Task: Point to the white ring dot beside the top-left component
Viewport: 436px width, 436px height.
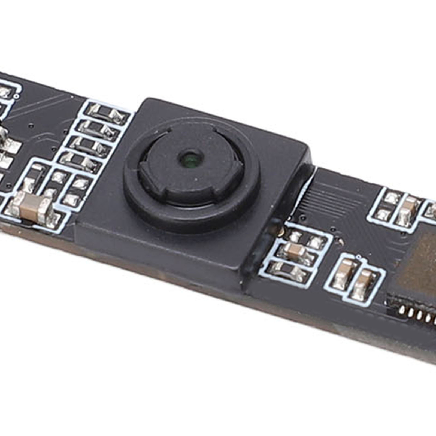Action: pos(17,96)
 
